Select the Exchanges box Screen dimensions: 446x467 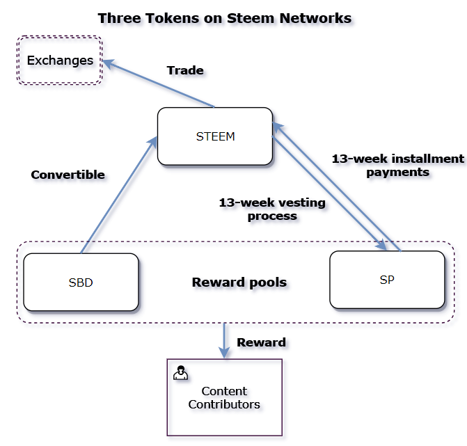click(x=60, y=61)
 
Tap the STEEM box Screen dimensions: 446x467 click(x=215, y=136)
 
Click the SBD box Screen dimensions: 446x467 click(x=81, y=282)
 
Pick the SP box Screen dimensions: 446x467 click(x=387, y=280)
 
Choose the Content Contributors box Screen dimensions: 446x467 click(x=224, y=397)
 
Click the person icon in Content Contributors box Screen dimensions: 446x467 click(x=180, y=373)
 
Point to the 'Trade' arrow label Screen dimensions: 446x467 click(x=185, y=70)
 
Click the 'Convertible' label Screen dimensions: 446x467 click(x=68, y=175)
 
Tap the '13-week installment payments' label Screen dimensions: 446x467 click(x=397, y=165)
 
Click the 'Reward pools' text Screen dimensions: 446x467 click(x=239, y=282)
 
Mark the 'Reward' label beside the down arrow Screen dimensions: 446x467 click(x=261, y=342)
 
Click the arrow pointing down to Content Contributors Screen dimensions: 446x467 click(x=224, y=340)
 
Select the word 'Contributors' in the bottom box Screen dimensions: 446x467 click(x=224, y=404)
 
